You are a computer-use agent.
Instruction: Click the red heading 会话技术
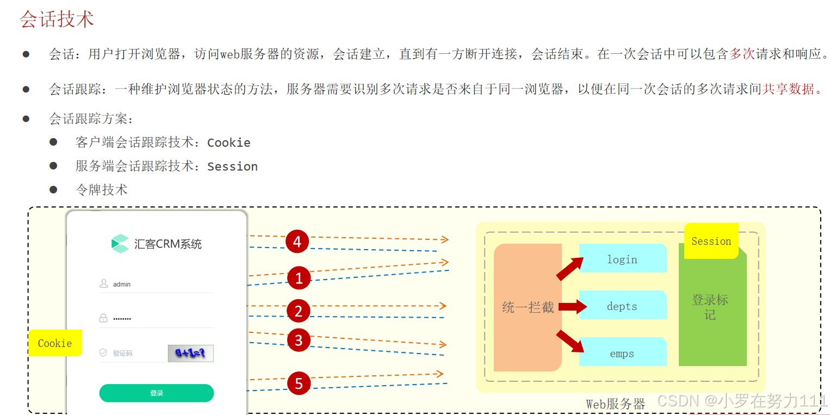pyautogui.click(x=57, y=19)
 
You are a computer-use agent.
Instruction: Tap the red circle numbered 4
pyautogui.click(x=297, y=241)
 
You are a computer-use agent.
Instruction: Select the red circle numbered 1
pyautogui.click(x=299, y=279)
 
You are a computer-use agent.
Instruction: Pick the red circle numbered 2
pyautogui.click(x=298, y=311)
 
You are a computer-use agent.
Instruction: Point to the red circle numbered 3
pyautogui.click(x=298, y=341)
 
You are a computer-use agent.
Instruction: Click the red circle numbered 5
pyautogui.click(x=299, y=383)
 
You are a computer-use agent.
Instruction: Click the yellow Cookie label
pyautogui.click(x=55, y=343)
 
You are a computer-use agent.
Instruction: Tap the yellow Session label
pyautogui.click(x=711, y=241)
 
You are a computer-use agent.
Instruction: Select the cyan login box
pyautogui.click(x=622, y=259)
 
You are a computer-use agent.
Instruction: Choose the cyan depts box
pyautogui.click(x=622, y=306)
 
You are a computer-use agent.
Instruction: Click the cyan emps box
pyautogui.click(x=622, y=353)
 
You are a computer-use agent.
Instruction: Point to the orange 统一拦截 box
pyautogui.click(x=528, y=308)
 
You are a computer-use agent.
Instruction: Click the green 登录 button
pyautogui.click(x=157, y=393)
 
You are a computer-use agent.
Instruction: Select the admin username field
pyautogui.click(x=157, y=284)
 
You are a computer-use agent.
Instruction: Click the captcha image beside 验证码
pyautogui.click(x=190, y=354)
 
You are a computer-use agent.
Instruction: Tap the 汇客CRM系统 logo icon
pyautogui.click(x=120, y=244)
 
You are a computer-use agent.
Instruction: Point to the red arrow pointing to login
pyautogui.click(x=569, y=269)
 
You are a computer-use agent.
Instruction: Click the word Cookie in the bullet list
pyautogui.click(x=229, y=143)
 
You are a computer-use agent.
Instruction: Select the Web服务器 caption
pyautogui.click(x=615, y=404)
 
